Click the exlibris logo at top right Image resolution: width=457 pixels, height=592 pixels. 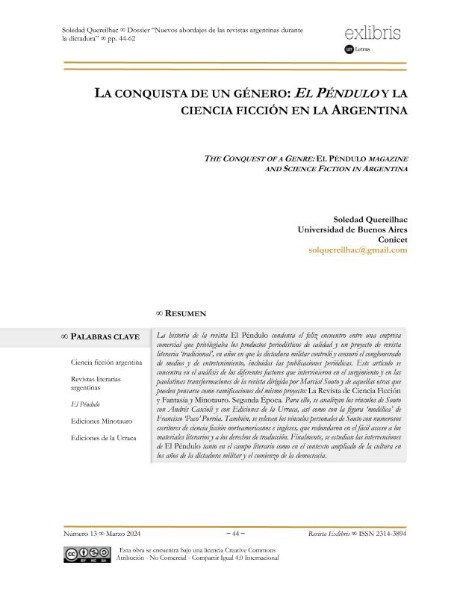373,34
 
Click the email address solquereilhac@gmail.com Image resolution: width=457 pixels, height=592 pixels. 357,250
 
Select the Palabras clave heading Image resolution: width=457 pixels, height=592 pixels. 105,337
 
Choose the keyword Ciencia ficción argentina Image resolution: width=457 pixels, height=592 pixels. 106,362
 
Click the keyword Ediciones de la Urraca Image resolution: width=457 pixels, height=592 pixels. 104,437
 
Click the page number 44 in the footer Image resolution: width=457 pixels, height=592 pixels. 236,534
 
